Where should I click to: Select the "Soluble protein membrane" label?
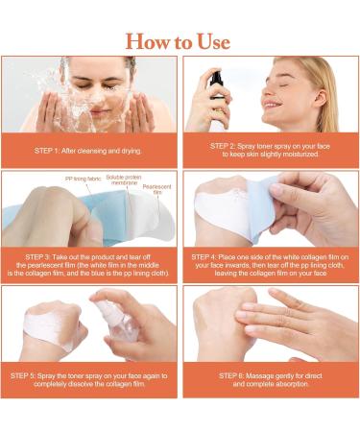pyautogui.click(x=124, y=180)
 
